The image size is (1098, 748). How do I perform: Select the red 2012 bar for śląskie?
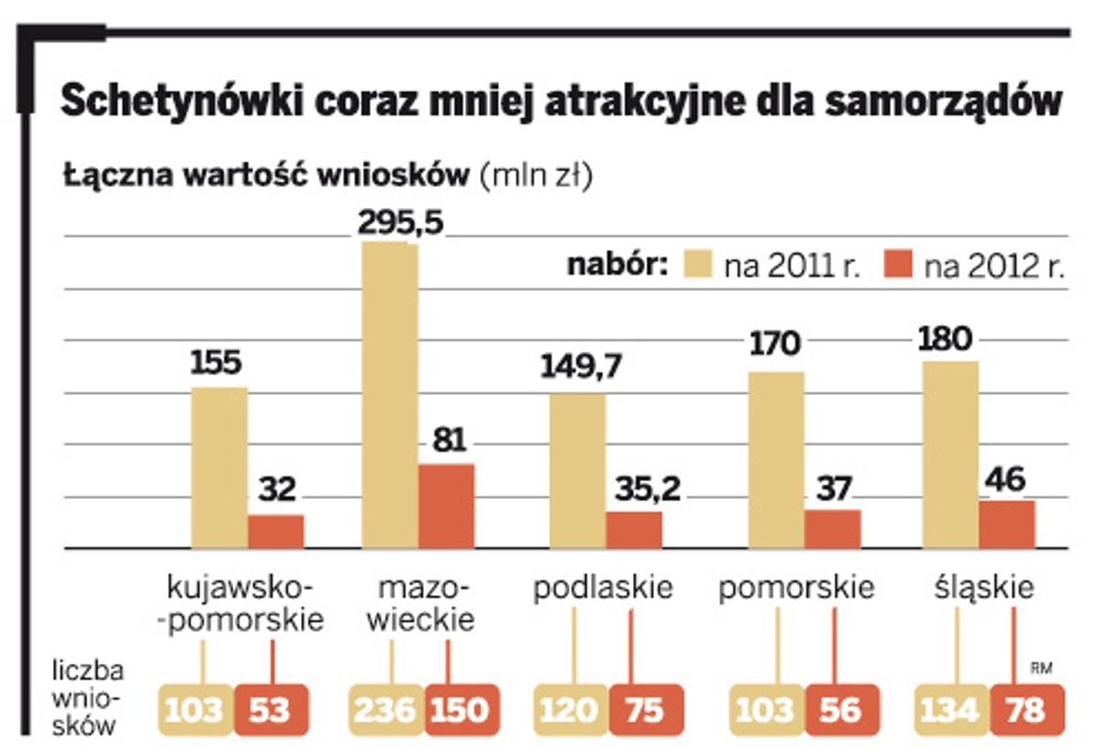1006,525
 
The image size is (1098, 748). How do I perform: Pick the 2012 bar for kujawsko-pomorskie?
275,532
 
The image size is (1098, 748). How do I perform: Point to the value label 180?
946,340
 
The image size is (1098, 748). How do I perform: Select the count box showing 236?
386,710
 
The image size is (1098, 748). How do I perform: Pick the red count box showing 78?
1028,710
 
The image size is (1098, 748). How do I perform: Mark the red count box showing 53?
272,710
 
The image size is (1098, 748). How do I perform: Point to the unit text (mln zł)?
537,175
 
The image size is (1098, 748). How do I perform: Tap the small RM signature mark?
1040,669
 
